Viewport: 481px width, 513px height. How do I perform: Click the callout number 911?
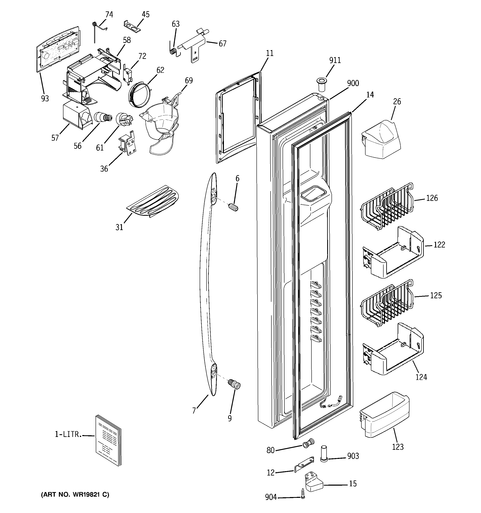click(x=335, y=60)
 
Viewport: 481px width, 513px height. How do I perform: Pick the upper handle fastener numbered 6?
click(x=233, y=207)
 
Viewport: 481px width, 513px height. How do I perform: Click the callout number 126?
click(x=432, y=198)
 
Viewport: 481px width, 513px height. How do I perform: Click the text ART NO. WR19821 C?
click(x=75, y=494)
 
